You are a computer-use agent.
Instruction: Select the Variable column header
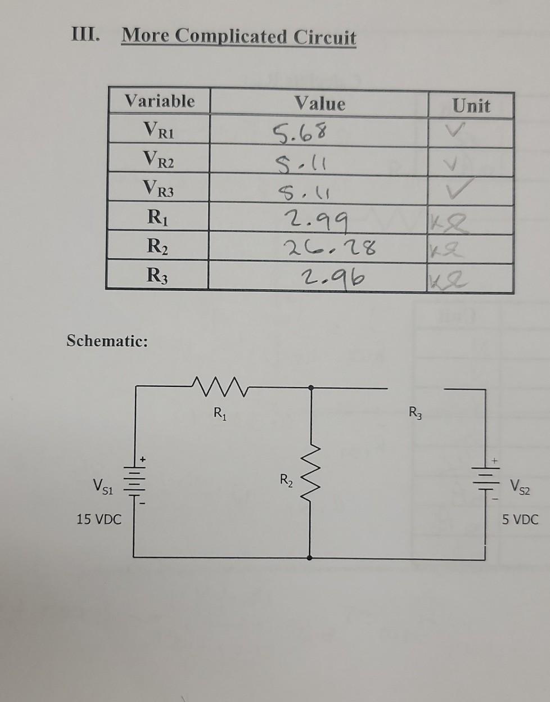160,101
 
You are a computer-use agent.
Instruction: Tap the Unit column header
471,106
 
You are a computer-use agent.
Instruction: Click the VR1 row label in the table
159,131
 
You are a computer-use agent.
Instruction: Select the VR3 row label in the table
159,189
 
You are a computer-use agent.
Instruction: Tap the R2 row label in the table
159,246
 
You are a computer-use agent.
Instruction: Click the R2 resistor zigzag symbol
311,479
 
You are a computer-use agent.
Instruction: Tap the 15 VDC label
99,519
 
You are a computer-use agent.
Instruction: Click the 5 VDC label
520,519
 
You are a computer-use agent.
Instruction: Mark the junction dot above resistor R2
311,387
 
